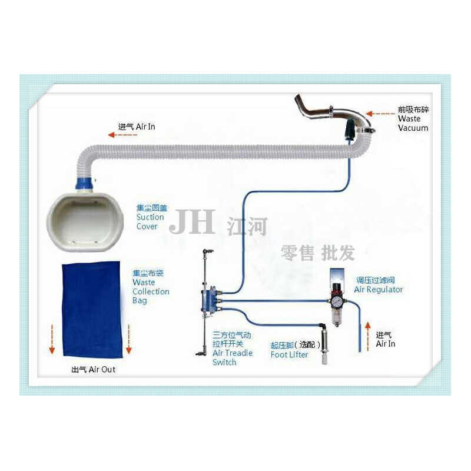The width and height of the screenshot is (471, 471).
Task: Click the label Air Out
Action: point(94,370)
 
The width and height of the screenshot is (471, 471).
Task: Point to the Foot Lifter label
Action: point(290,354)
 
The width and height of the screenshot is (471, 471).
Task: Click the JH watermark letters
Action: point(192,222)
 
